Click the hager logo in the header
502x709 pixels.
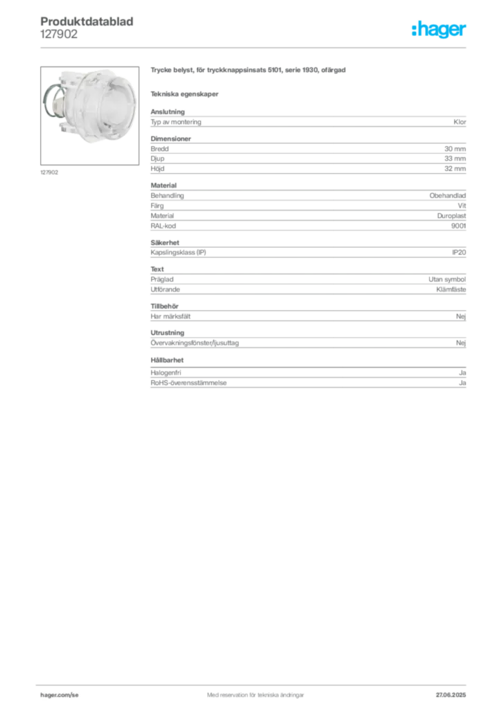439,29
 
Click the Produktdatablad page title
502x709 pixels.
87,21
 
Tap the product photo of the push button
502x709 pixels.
89,116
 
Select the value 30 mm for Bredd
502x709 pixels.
455,149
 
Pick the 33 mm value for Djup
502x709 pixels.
455,159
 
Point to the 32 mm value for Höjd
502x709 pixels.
455,169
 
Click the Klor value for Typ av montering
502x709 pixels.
460,122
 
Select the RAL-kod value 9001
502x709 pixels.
458,226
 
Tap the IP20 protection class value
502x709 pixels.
459,252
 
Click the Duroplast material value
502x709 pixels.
451,216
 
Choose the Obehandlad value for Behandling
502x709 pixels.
448,196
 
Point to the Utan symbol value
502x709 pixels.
447,280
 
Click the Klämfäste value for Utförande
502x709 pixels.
451,289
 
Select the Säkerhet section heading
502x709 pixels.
165,243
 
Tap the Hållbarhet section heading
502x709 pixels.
167,360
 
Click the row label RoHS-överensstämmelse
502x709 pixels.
189,383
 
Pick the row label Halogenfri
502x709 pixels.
166,373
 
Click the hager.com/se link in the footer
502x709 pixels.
60,695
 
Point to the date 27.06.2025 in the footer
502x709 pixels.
451,695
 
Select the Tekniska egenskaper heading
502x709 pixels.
184,94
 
